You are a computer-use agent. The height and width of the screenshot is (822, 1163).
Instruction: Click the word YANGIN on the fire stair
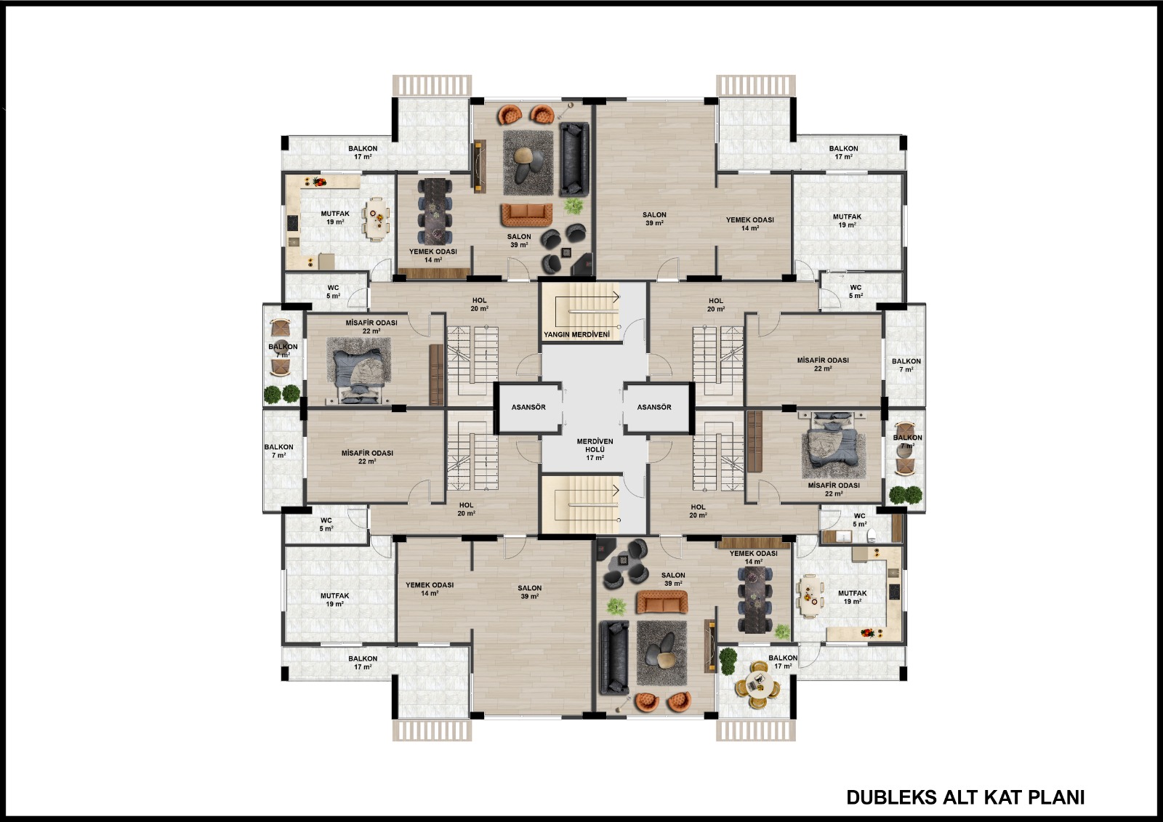(x=557, y=334)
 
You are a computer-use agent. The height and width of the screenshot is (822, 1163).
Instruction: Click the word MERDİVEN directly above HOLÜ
(x=595, y=441)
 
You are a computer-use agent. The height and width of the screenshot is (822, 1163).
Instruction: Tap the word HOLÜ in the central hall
(x=595, y=450)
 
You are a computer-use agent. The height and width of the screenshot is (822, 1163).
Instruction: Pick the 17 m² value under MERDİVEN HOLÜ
(x=595, y=458)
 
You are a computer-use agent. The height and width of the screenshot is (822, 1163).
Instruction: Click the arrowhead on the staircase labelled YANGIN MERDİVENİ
(x=617, y=297)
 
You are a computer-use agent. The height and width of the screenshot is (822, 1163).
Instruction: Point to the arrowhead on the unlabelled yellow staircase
(x=617, y=490)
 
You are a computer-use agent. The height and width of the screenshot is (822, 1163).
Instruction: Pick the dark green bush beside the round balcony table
(x=728, y=659)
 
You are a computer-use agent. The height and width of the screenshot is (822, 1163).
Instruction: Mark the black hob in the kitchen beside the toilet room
(x=894, y=592)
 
